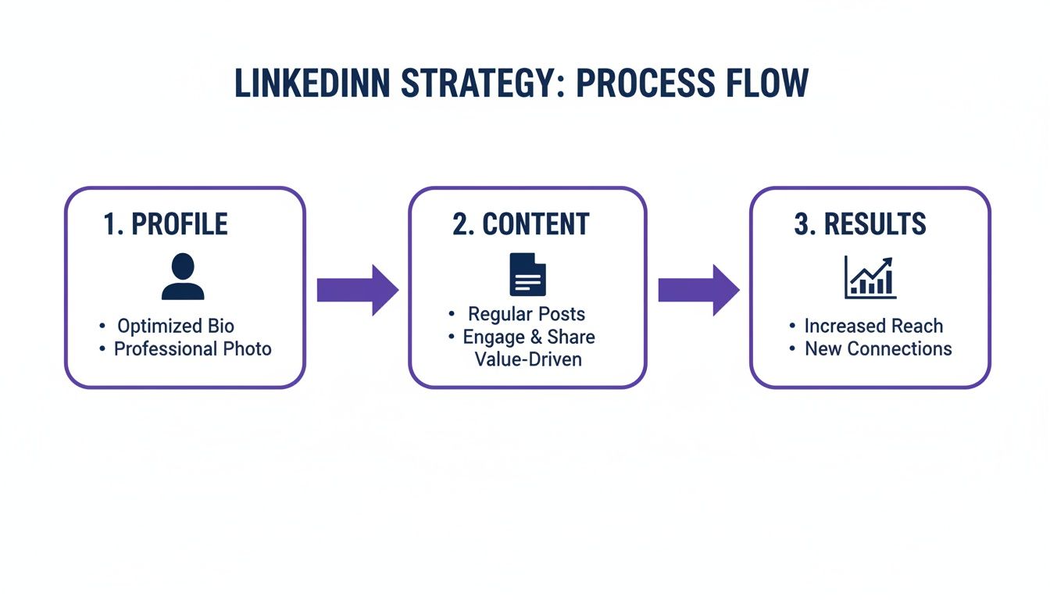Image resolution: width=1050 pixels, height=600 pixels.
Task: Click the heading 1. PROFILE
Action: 166,224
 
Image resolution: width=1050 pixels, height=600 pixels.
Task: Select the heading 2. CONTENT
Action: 520,224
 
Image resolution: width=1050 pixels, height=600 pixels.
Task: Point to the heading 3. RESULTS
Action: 860,224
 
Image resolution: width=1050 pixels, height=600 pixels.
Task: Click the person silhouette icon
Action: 183,277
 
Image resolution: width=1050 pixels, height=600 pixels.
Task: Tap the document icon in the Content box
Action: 527,274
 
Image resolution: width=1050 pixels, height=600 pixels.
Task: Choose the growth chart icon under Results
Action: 870,277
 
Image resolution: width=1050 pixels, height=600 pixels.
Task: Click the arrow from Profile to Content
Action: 357,290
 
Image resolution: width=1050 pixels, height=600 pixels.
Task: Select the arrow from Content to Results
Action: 698,290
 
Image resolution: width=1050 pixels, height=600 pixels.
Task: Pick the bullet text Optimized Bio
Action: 176,326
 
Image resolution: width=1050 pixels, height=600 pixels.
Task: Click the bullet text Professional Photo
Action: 193,348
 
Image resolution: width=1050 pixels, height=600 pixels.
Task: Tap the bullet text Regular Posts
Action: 527,314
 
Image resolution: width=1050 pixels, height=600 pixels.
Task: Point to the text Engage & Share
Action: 529,337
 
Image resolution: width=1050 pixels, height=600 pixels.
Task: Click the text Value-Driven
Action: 528,359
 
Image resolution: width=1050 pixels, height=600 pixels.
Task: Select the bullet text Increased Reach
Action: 873,326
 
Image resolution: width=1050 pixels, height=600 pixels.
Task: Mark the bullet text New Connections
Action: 878,348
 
